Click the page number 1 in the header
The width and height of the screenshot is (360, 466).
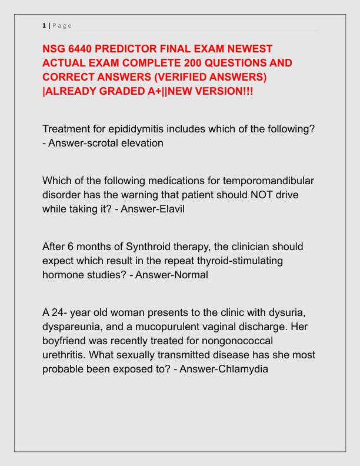point(44,25)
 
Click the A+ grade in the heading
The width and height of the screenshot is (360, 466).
point(143,91)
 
